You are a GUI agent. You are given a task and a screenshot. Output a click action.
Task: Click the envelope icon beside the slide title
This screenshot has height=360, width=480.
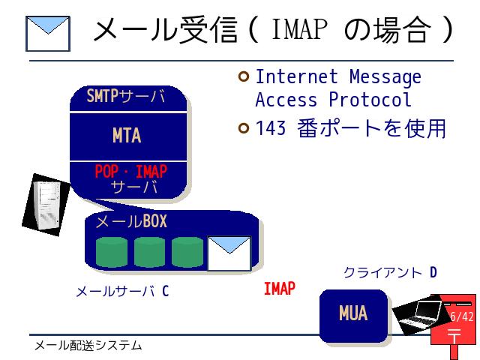pos(48,33)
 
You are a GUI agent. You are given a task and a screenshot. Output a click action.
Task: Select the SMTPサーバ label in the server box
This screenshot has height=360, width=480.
pos(126,96)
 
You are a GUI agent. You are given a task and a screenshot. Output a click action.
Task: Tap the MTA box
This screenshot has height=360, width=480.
pos(128,136)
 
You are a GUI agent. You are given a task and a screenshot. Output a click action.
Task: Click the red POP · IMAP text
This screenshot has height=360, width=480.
pos(131,172)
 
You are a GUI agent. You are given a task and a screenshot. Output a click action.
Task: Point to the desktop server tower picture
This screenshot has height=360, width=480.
pos(46,205)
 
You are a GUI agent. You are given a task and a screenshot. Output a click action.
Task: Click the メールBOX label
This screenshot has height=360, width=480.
pos(131,221)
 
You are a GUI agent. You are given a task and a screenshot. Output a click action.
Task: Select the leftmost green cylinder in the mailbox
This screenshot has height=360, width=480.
pos(112,252)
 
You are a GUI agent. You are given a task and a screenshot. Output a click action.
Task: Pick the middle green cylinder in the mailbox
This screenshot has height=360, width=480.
pos(149,252)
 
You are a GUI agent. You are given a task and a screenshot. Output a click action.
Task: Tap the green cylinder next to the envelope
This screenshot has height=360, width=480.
pos(187,252)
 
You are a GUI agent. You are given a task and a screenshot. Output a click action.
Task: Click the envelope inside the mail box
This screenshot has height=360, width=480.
pos(229,253)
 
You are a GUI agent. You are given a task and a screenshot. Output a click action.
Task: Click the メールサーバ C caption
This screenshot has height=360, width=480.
pos(122,291)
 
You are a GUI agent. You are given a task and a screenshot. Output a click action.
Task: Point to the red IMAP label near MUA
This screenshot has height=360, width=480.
pos(280,289)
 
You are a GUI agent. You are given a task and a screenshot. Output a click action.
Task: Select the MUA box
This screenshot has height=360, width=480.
pos(353,316)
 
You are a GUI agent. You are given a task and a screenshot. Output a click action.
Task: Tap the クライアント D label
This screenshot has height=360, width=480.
pos(390,272)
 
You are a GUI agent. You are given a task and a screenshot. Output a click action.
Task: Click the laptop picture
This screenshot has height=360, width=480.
pos(418,315)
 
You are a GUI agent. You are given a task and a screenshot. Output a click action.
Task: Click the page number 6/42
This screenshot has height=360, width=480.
pos(462,316)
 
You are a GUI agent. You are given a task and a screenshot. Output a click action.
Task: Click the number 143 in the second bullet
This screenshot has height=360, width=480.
pos(271,128)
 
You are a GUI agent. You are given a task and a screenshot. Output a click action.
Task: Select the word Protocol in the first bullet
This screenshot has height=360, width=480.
pos(370,100)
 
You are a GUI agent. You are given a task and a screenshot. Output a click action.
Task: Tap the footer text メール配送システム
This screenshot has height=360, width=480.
pos(88,346)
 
